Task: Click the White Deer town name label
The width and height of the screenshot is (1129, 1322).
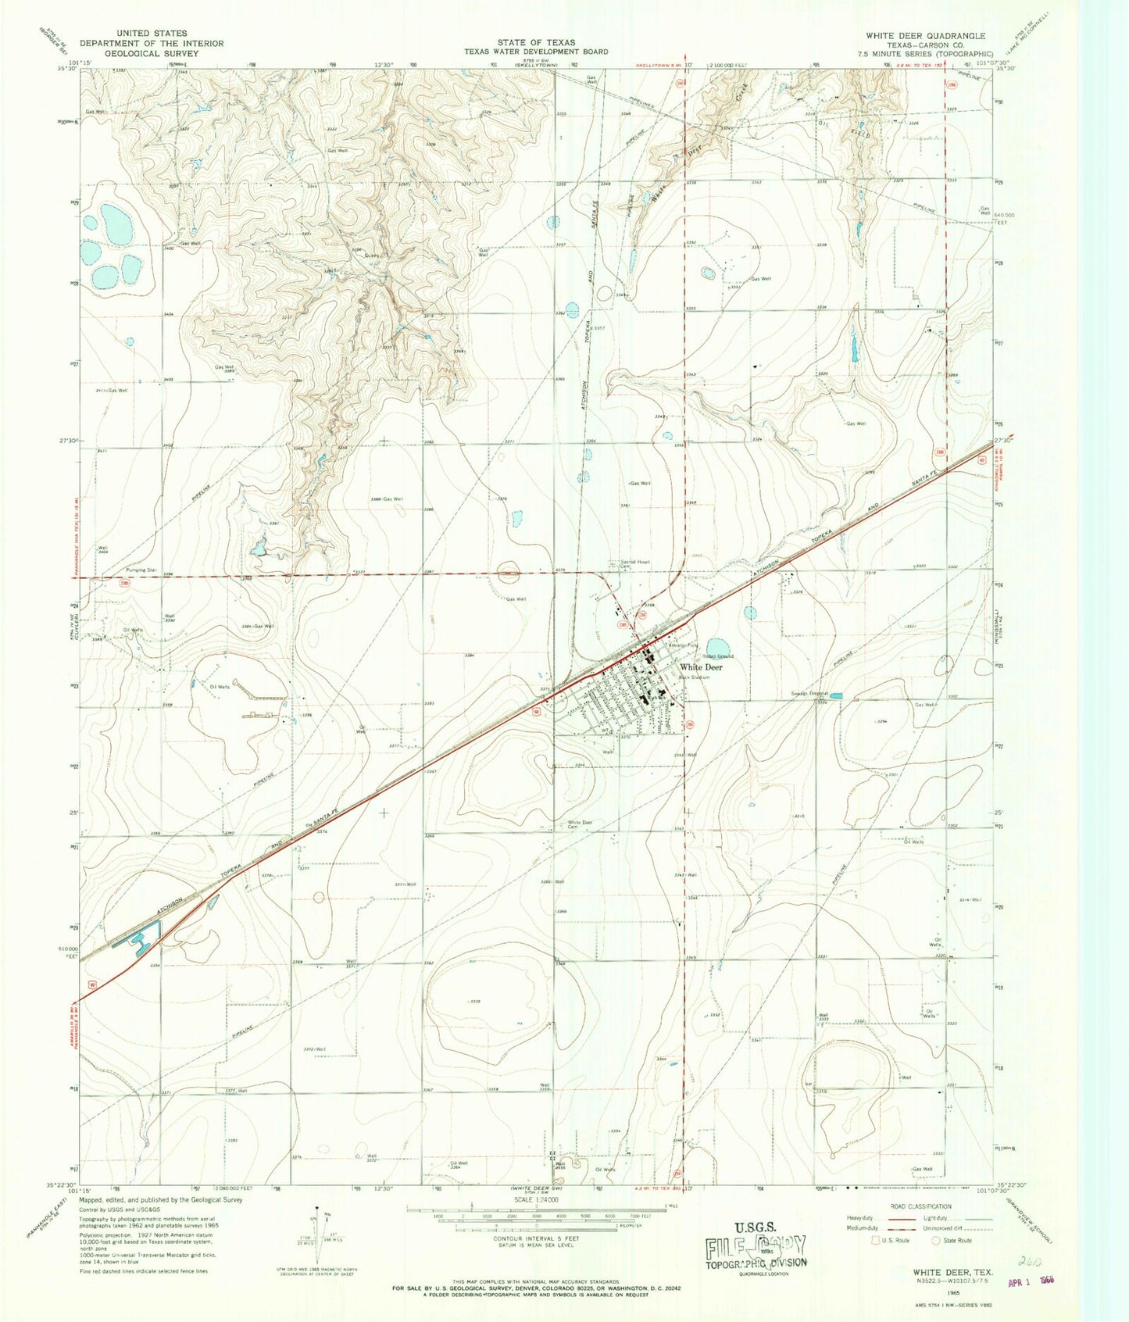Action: (701, 667)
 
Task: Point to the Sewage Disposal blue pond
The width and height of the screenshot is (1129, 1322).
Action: (836, 695)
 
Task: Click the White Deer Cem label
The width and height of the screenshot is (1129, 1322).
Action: (581, 824)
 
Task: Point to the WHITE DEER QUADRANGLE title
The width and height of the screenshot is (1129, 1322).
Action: (925, 36)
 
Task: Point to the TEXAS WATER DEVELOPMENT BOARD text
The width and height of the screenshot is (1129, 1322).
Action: (536, 52)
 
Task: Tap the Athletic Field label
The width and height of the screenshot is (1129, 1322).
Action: (682, 645)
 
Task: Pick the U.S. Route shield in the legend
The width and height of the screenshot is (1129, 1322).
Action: (876, 1240)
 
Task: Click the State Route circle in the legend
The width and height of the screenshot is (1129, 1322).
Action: (939, 1240)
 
